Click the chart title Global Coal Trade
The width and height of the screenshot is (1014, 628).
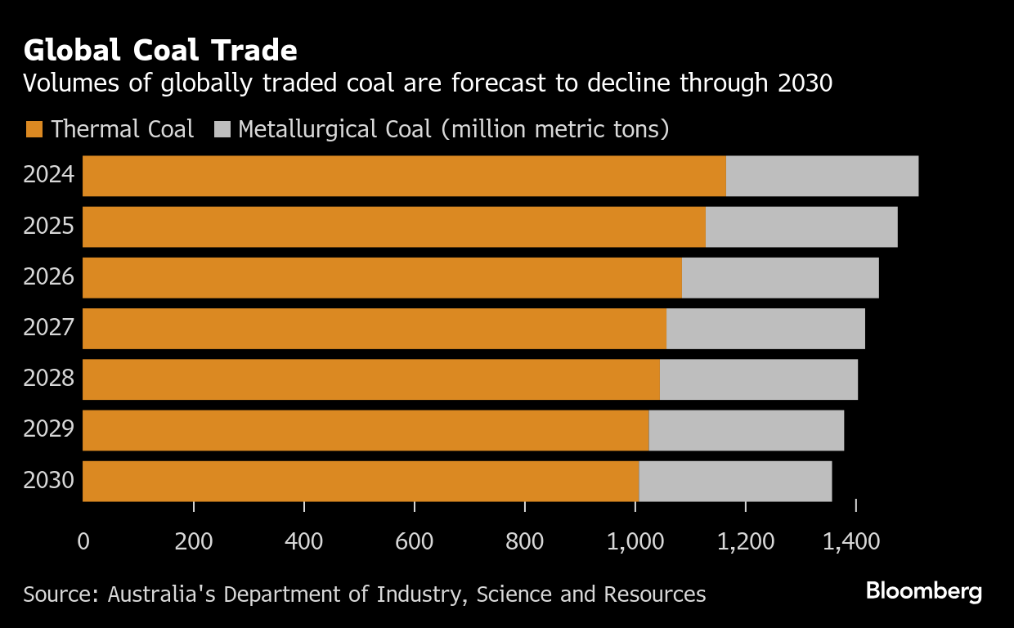click(x=160, y=51)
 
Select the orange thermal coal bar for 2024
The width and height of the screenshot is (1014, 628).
click(x=404, y=176)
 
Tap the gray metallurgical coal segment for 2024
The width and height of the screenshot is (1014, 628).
click(x=822, y=176)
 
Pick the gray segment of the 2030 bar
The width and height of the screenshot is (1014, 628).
click(x=735, y=481)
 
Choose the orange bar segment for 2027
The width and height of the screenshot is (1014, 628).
click(x=375, y=329)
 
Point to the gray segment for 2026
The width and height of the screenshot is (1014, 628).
click(x=780, y=278)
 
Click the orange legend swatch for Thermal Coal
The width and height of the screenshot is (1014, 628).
click(x=34, y=129)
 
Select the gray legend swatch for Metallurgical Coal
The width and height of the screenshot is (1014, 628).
click(x=222, y=129)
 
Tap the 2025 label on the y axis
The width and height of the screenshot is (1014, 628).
click(x=49, y=227)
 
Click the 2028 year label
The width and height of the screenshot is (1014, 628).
click(x=49, y=379)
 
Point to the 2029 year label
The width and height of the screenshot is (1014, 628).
click(x=49, y=429)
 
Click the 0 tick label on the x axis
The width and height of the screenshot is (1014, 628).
click(x=83, y=541)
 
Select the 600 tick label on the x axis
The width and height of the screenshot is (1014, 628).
click(x=414, y=541)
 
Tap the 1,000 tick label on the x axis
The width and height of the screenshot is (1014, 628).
click(x=635, y=541)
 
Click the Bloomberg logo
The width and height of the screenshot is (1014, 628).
click(x=924, y=590)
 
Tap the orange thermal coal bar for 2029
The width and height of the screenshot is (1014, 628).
click(x=366, y=430)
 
